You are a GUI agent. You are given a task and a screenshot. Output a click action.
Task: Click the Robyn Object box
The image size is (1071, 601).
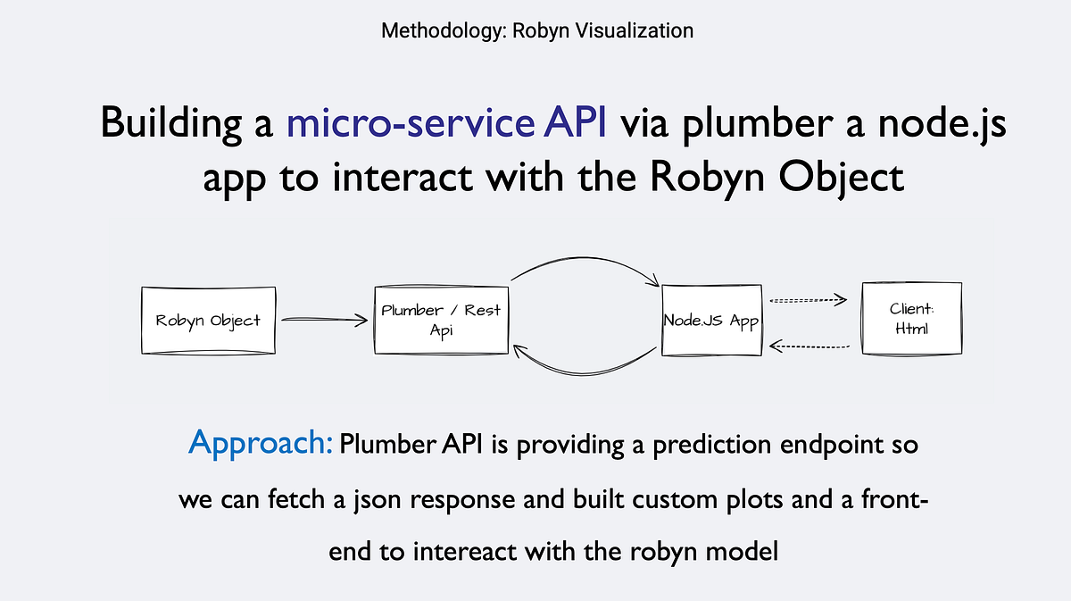pyautogui.click(x=208, y=320)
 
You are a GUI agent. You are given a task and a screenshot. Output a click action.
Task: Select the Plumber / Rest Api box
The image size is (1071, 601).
pyautogui.click(x=441, y=319)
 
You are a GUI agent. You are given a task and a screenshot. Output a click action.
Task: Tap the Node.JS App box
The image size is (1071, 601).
pyautogui.click(x=711, y=320)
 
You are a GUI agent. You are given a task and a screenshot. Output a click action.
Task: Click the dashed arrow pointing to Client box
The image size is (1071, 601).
pyautogui.click(x=807, y=301)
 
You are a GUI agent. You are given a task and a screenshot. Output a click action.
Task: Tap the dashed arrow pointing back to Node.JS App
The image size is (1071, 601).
pyautogui.click(x=807, y=345)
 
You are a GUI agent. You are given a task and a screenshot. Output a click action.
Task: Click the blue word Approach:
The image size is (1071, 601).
pyautogui.click(x=261, y=442)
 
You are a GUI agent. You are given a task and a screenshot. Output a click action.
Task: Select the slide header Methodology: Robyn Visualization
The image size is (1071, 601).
pyautogui.click(x=536, y=30)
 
